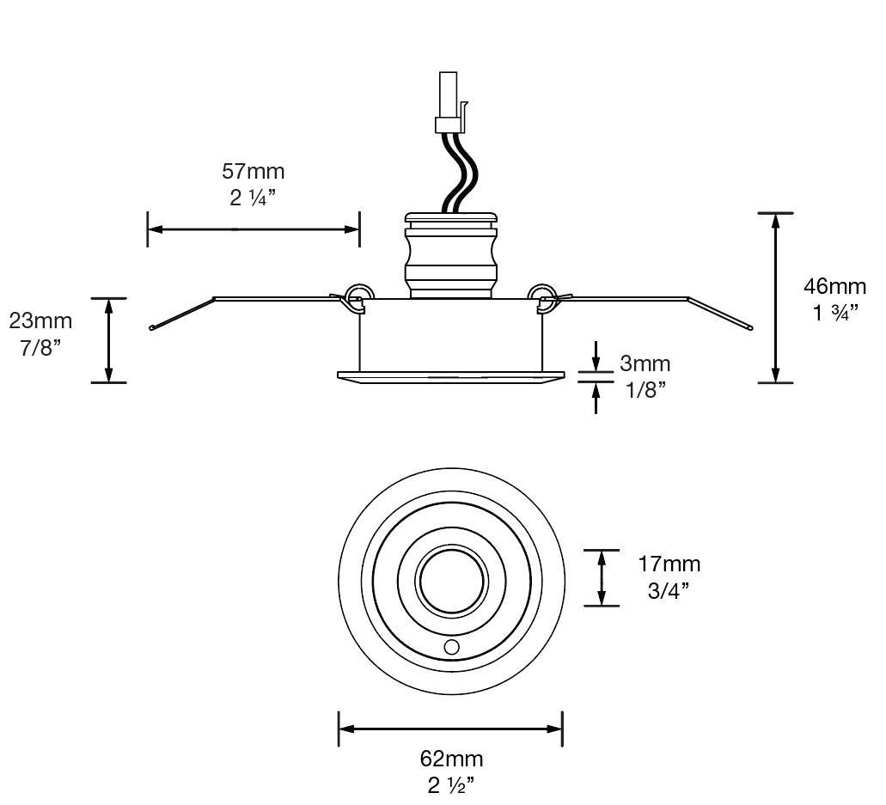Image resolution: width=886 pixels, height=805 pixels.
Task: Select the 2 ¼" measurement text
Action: point(253,198)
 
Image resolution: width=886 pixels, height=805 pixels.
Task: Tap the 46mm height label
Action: point(834,286)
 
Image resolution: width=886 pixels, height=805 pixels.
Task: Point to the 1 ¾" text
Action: point(834,312)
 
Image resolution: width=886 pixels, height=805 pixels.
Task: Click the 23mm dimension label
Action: point(40,321)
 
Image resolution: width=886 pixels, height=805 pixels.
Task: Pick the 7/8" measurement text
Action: point(40,350)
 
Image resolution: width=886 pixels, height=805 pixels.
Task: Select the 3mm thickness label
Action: point(645,364)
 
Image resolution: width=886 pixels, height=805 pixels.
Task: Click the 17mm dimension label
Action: point(669,564)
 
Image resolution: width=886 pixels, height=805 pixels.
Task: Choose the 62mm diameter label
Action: point(451,759)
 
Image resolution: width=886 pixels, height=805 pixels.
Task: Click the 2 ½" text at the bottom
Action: point(451,785)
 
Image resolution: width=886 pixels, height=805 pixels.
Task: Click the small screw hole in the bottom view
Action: point(451,646)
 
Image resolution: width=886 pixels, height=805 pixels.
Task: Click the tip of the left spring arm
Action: point(152,328)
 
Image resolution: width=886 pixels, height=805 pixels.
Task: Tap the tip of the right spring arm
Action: point(750,328)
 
